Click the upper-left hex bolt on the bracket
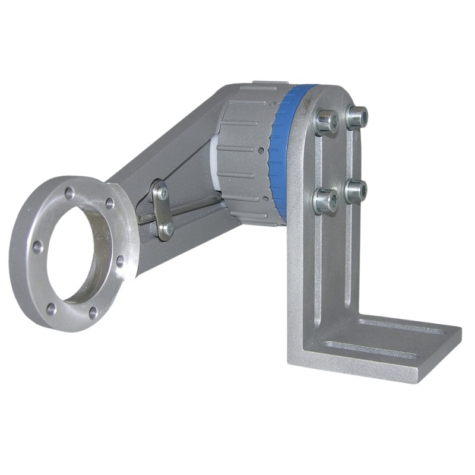tap(326, 122)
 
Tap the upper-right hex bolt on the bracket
tap(357, 116)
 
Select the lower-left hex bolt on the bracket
tap(325, 201)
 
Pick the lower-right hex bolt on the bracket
tap(356, 190)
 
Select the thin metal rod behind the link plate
tap(190, 208)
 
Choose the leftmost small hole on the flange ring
tap(37, 246)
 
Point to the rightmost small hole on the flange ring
tap(119, 260)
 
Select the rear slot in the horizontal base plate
tap(404, 327)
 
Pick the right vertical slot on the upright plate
tap(350, 249)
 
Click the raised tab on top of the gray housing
tap(270, 85)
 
